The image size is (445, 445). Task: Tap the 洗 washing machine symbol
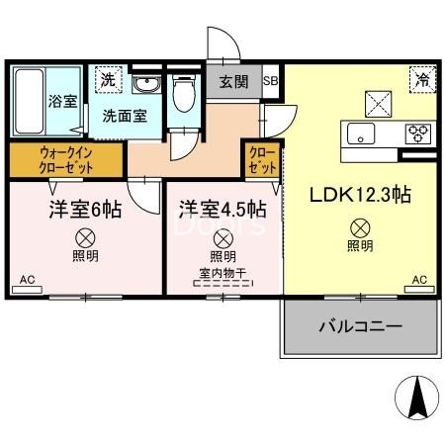104,80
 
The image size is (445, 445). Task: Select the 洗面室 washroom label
125,114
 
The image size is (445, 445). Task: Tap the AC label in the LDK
419,281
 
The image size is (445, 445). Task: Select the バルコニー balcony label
358,325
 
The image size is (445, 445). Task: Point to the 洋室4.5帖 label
222,210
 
